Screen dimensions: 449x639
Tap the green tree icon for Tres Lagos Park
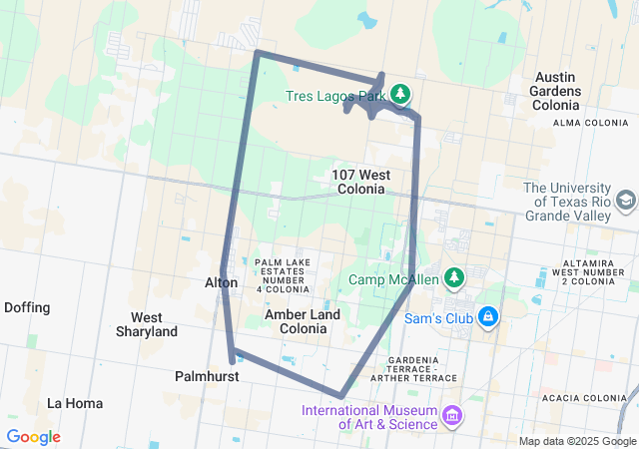tap(400, 95)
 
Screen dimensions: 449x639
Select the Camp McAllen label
tap(393, 280)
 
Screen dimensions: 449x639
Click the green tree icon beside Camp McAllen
tap(454, 276)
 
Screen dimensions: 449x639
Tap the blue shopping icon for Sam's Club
tap(487, 317)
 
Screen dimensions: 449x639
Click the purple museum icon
tap(452, 414)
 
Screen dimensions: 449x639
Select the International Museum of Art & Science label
tap(371, 417)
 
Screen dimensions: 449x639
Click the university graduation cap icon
tap(625, 201)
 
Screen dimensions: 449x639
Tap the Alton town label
tap(221, 282)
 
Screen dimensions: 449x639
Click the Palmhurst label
tap(206, 376)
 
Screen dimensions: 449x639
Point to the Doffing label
tap(27, 307)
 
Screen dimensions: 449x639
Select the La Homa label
tap(73, 403)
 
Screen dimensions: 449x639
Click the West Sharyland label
tap(147, 324)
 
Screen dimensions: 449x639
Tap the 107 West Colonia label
tap(360, 182)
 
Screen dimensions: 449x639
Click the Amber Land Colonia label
tap(302, 321)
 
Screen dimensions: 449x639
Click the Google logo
tap(33, 437)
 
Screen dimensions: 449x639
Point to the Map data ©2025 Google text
tap(577, 441)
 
